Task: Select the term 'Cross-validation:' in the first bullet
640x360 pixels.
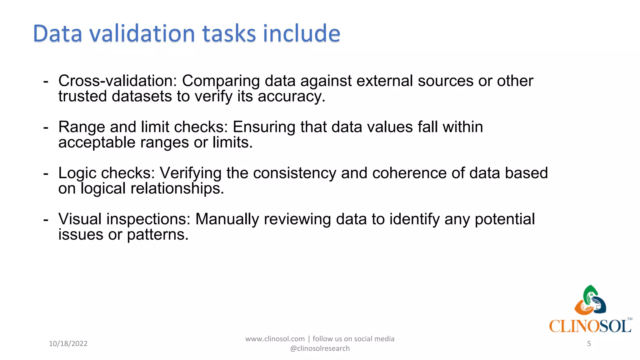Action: point(118,81)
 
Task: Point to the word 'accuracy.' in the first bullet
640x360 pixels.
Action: point(291,97)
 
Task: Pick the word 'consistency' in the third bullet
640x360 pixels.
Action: point(294,173)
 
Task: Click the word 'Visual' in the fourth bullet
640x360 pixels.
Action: point(80,219)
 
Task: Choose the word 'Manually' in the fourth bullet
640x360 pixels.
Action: point(227,219)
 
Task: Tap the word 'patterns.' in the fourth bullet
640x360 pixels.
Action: point(157,235)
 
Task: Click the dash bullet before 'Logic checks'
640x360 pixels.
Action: point(46,173)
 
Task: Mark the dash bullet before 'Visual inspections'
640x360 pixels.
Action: point(46,219)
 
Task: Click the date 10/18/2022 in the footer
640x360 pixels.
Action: point(68,344)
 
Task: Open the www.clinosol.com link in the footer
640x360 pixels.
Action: point(275,339)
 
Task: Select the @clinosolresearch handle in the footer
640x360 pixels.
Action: point(320,348)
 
